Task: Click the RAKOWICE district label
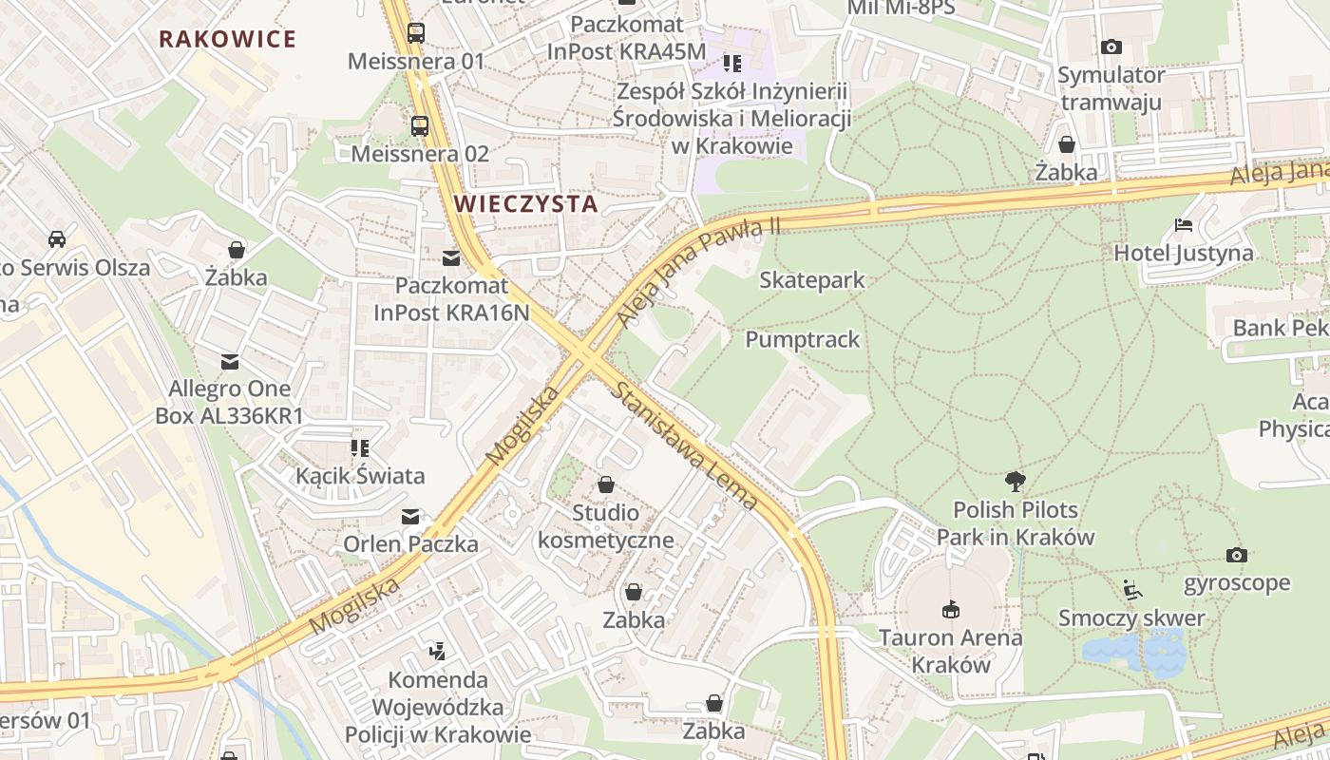(x=227, y=39)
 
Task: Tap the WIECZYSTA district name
(x=525, y=203)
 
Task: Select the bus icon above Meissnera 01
(x=416, y=33)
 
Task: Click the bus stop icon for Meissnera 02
(x=419, y=125)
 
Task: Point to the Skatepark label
(x=812, y=280)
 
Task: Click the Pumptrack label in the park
(x=802, y=339)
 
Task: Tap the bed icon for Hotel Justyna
(x=1184, y=225)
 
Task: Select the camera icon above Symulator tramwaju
(x=1111, y=47)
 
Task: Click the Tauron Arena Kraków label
(x=950, y=650)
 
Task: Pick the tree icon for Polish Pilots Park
(x=1016, y=481)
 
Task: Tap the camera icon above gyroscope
(x=1236, y=555)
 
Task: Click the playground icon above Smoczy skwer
(x=1130, y=590)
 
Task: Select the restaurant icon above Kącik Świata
(x=359, y=447)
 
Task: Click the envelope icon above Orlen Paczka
(x=410, y=517)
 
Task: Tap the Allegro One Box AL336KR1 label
(x=229, y=402)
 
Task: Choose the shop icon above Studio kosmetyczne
(x=606, y=485)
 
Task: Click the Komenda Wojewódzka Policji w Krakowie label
(x=438, y=707)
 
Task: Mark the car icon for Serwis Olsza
(x=57, y=238)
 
